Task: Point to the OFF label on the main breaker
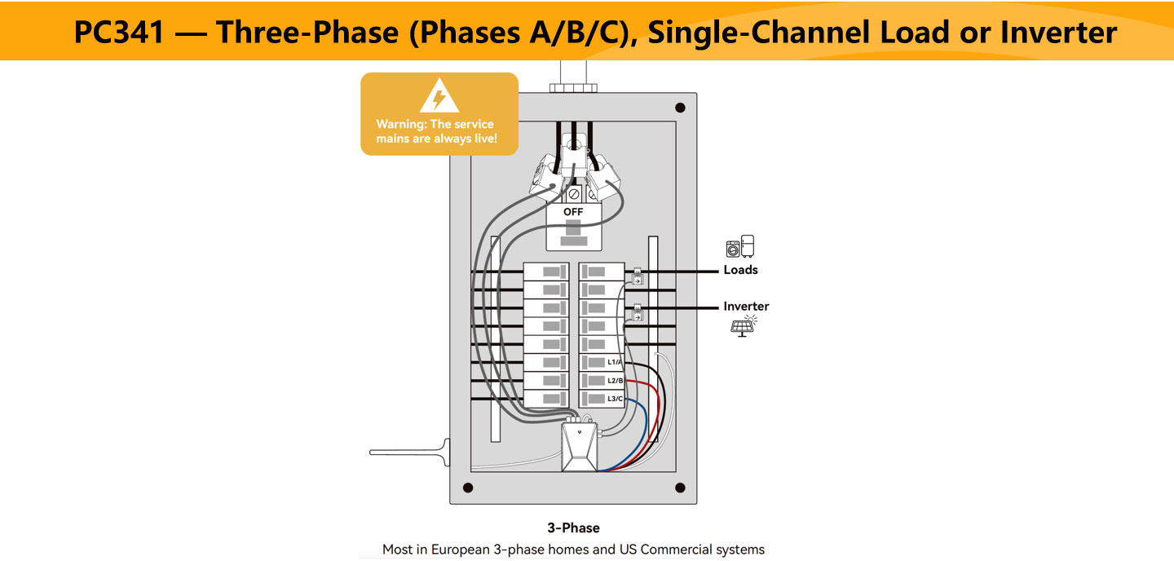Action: click(573, 212)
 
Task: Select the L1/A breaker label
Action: click(615, 362)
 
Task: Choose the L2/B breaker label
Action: click(615, 381)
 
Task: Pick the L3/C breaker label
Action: click(615, 399)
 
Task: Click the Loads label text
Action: click(740, 270)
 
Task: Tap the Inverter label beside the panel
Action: click(746, 307)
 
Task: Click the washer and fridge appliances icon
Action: click(740, 247)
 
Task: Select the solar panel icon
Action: click(742, 326)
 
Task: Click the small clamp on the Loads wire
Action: click(638, 277)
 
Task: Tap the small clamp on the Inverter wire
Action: click(638, 313)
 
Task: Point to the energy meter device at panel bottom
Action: click(580, 448)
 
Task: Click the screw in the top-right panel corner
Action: click(680, 108)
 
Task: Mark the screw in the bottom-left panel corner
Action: click(467, 488)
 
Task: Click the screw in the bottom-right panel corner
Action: click(680, 488)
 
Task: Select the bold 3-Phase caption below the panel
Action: click(573, 528)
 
